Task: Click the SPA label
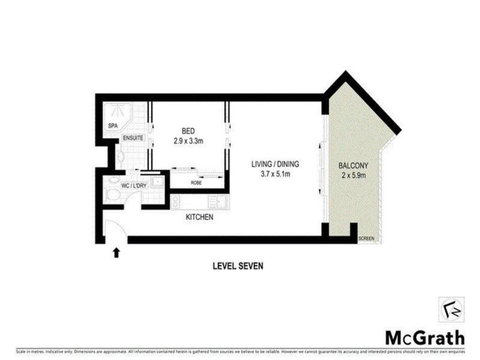click(x=112, y=125)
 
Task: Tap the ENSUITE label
click(x=134, y=138)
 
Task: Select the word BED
click(x=188, y=129)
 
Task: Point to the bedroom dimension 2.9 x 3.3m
click(x=188, y=141)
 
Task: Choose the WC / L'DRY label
click(x=134, y=184)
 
